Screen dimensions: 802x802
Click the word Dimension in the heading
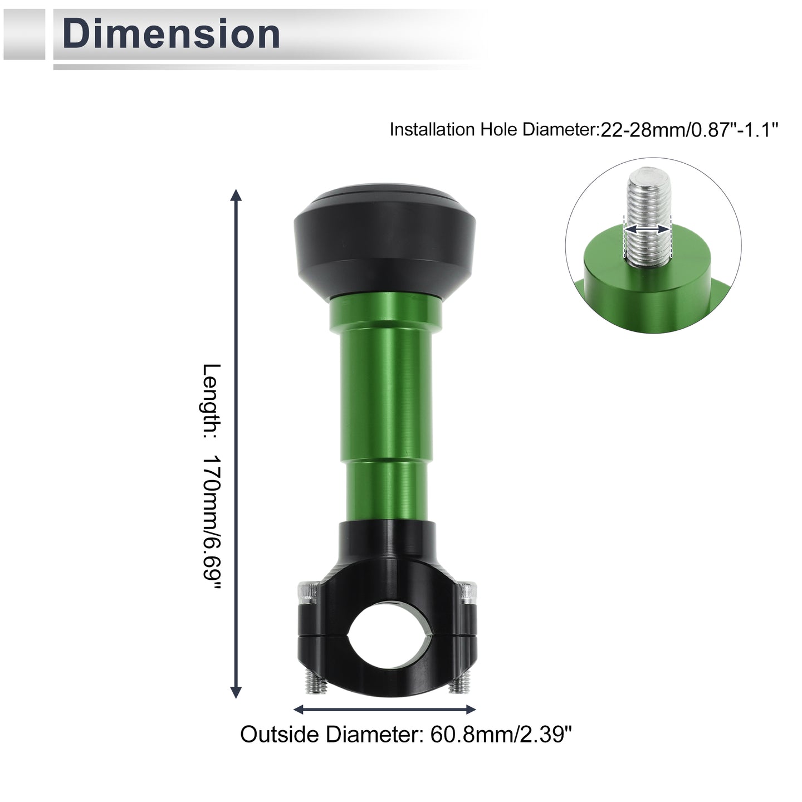click(x=171, y=34)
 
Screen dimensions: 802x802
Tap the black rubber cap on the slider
click(x=384, y=241)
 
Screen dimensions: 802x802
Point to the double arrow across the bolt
click(x=648, y=229)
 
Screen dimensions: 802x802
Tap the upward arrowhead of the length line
click(x=236, y=195)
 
